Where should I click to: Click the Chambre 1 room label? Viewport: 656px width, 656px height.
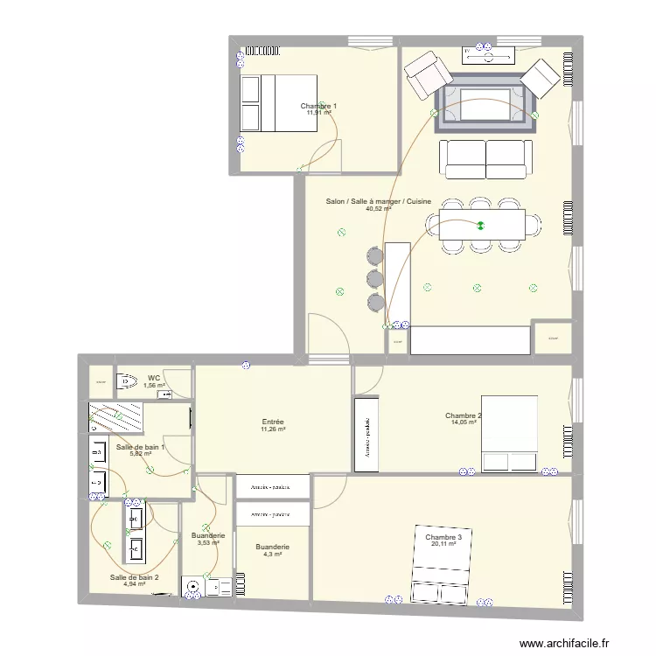(x=319, y=105)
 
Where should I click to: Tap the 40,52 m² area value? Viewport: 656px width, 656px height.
(x=378, y=209)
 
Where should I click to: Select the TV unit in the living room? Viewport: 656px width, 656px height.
(x=488, y=55)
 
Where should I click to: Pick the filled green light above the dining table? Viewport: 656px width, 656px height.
(x=480, y=227)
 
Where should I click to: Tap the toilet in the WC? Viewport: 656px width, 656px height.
(x=129, y=380)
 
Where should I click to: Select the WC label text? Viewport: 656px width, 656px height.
(x=153, y=378)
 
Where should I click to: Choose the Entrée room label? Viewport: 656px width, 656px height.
(x=272, y=422)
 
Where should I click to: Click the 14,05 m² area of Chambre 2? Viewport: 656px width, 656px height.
(x=463, y=422)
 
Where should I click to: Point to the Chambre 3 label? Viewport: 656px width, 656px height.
(x=443, y=536)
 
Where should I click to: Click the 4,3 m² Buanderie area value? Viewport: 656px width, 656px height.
(x=271, y=555)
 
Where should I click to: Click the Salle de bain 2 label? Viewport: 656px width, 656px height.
(x=134, y=576)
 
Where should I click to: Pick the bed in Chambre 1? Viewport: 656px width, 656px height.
(x=277, y=103)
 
